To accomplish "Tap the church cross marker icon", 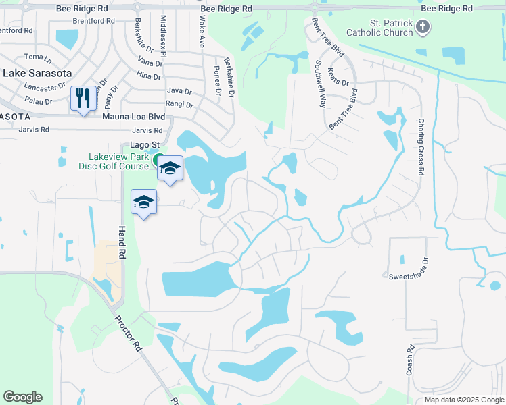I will (423, 28).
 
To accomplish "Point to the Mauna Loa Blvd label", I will (133, 116).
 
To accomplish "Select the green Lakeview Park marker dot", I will (158, 160).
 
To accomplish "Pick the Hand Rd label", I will (122, 243).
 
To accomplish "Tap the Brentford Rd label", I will (16, 31).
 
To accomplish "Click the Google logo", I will (22, 397).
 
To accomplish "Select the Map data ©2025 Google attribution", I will (463, 400).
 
